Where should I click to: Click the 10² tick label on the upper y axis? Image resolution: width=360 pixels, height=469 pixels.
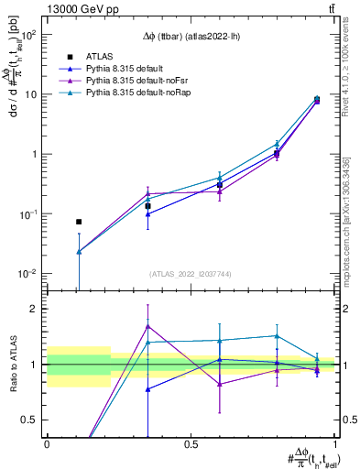tap(31, 35)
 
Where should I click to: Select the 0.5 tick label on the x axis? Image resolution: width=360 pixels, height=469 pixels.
tap(191, 444)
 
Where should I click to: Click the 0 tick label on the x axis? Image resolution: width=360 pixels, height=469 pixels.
tap(47, 444)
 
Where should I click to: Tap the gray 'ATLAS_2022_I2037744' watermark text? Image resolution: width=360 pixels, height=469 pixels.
tap(191, 274)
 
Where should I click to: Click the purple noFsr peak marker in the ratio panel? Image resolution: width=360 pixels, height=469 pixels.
tap(147, 326)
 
